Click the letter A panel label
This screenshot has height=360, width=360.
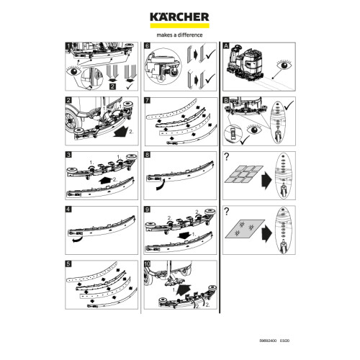click(x=226, y=45)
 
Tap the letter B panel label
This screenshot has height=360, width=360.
click(x=226, y=101)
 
